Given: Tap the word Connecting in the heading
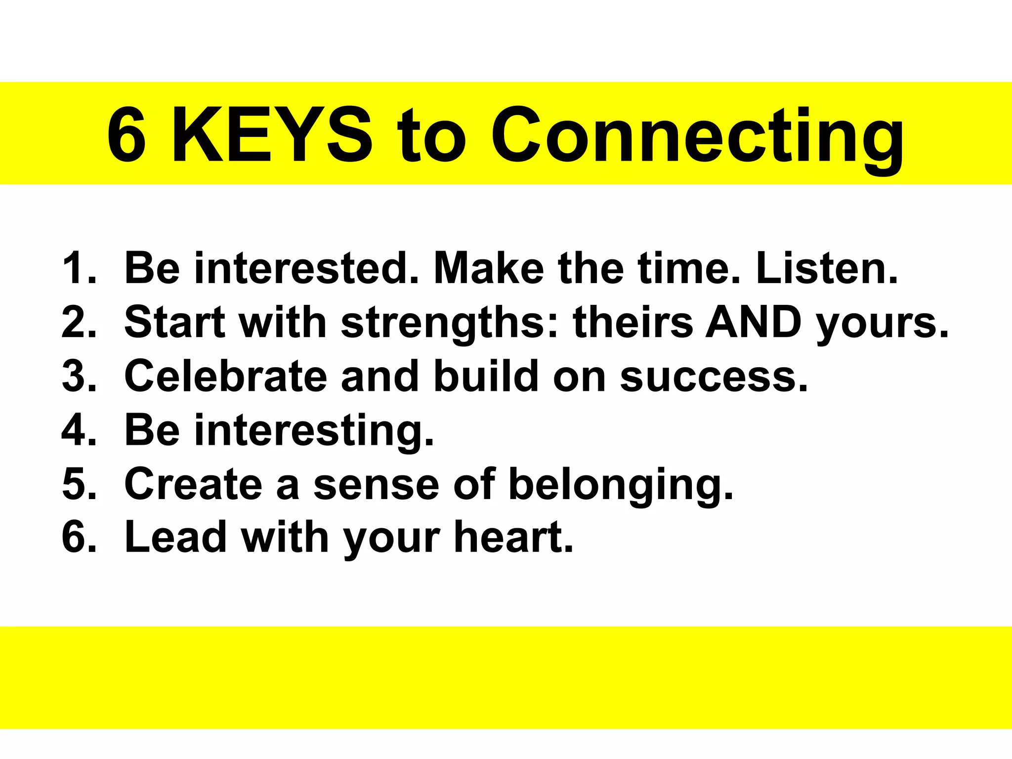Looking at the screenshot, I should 697,136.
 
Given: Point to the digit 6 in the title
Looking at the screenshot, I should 126,135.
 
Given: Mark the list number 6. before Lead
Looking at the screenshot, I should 79,537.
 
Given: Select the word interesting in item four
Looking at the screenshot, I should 314,430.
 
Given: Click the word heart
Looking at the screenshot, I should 514,537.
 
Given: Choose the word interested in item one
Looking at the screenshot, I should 307,268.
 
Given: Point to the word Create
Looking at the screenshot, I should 193,483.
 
